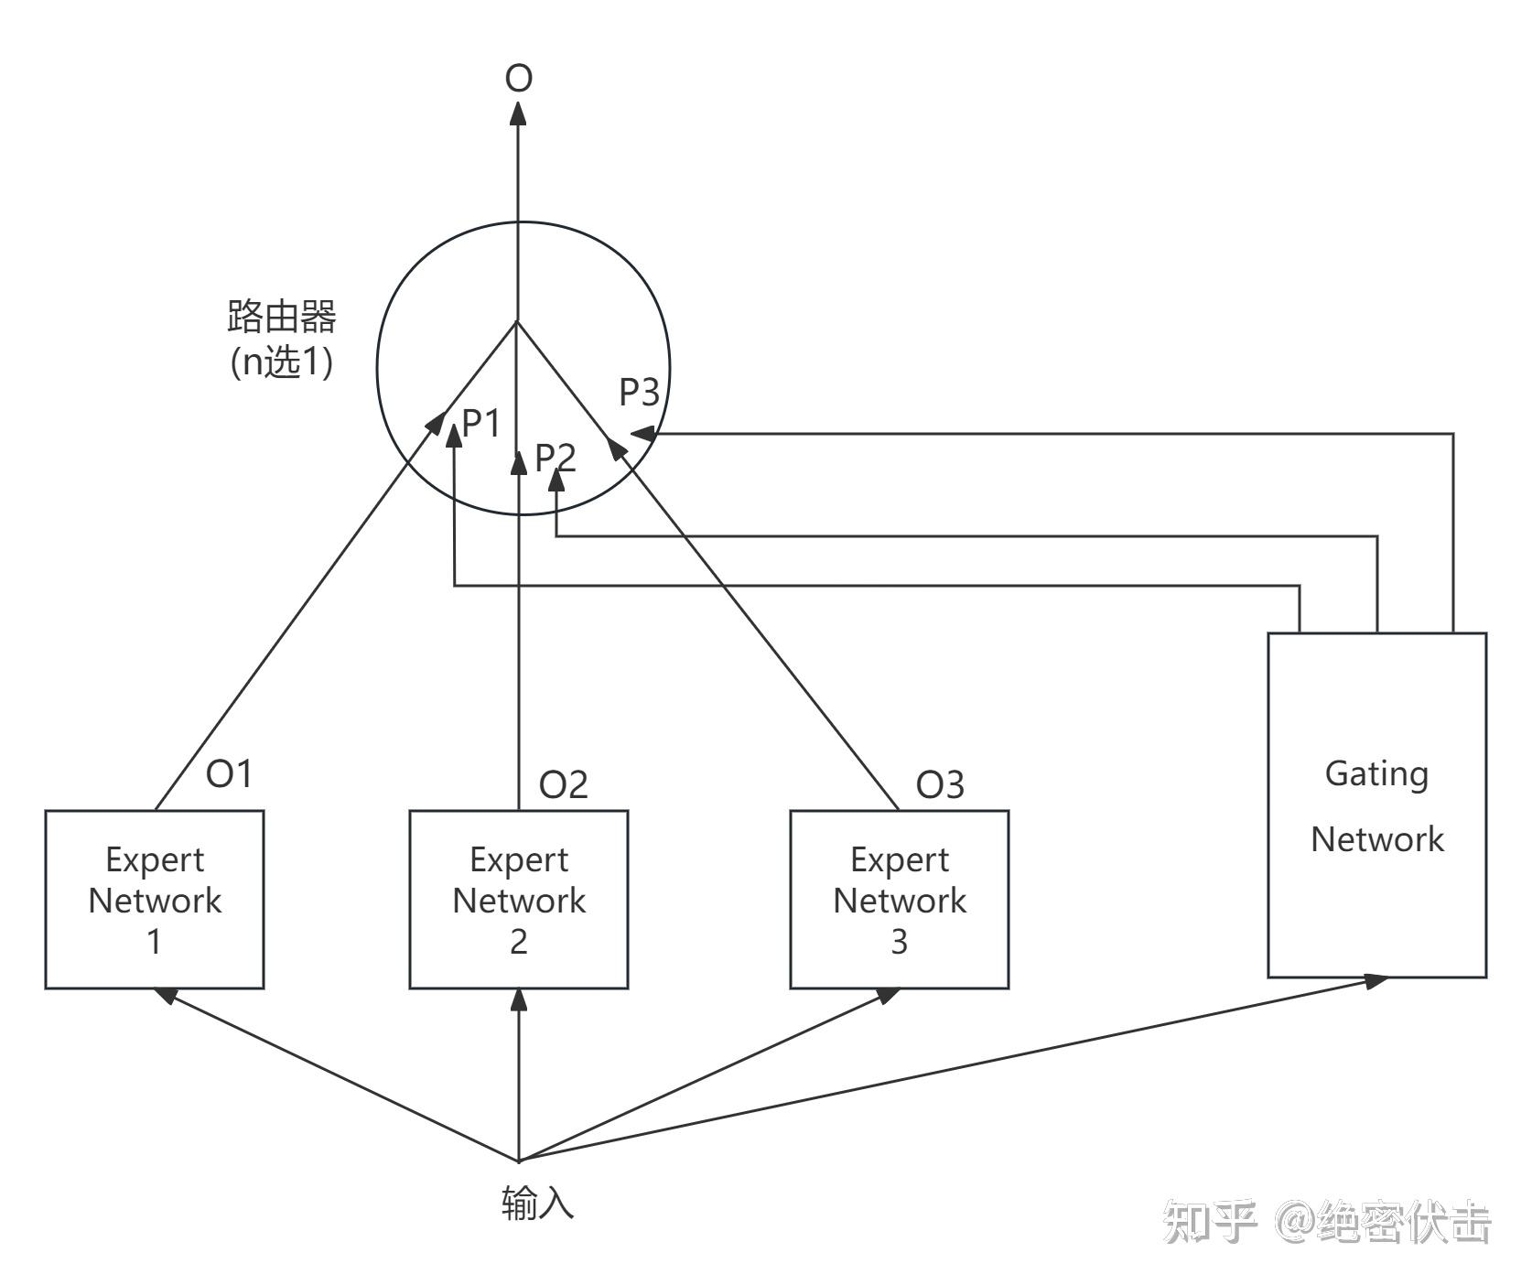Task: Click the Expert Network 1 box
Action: coord(155,899)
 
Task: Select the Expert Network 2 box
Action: coord(518,899)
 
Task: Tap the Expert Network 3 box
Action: coord(899,899)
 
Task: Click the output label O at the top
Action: coord(519,79)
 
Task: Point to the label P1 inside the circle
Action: coord(482,424)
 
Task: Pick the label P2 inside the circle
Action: coord(556,457)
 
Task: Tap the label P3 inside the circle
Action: coord(639,392)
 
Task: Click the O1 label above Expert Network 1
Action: coord(228,774)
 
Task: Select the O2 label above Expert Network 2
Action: coord(563,785)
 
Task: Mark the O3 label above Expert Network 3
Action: coord(940,785)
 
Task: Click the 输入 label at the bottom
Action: coord(538,1203)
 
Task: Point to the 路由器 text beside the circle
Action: coord(281,317)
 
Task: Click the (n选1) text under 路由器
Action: coord(281,362)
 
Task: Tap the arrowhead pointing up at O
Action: coord(519,113)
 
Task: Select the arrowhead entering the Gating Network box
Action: coord(1375,981)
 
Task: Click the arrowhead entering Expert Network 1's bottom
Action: coord(166,995)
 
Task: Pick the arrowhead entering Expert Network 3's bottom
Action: coord(888,995)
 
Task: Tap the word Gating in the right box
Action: coord(1376,774)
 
